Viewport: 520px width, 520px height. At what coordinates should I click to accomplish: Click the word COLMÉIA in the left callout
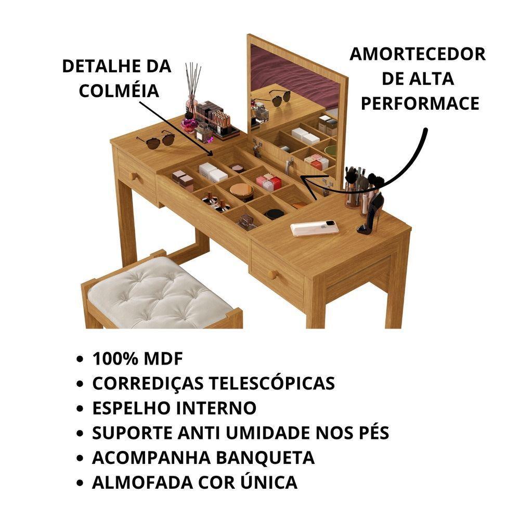coord(119,90)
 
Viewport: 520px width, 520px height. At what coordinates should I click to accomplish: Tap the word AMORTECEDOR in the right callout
coord(418,54)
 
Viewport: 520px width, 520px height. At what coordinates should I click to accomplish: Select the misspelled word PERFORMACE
coord(420,103)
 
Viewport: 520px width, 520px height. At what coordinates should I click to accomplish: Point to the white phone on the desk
coord(315,228)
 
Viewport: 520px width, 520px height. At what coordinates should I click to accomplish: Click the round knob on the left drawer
coord(134,176)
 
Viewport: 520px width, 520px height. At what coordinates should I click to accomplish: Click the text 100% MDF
coord(138,359)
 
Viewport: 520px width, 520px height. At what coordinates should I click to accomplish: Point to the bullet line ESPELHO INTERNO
coord(174,408)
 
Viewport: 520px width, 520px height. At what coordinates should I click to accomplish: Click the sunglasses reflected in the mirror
coord(278,97)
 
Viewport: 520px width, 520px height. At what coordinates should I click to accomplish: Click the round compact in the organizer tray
coord(241,190)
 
